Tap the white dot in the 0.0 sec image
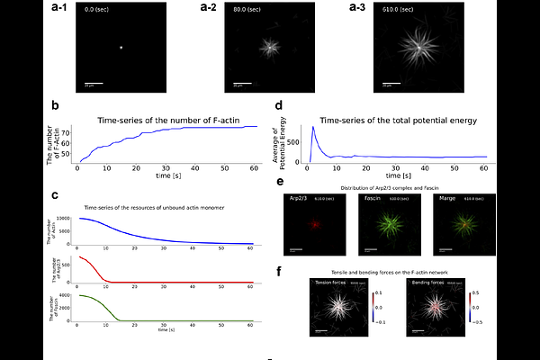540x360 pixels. tap(121, 48)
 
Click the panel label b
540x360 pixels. tap(56, 106)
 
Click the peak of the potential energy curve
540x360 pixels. tap(312, 127)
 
